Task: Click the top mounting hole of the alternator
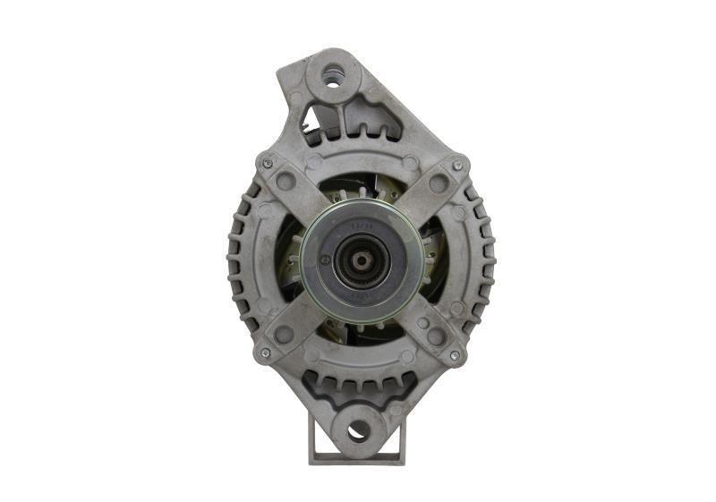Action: click(x=332, y=78)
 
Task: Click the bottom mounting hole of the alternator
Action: click(x=358, y=431)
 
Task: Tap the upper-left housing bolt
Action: click(x=267, y=164)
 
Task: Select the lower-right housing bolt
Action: click(x=455, y=355)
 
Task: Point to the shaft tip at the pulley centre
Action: click(x=359, y=260)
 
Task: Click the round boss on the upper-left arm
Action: click(x=286, y=183)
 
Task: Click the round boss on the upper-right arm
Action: click(x=438, y=184)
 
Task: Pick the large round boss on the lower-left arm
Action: click(x=284, y=335)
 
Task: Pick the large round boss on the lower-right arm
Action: click(x=436, y=336)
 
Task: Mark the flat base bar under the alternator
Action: click(x=357, y=458)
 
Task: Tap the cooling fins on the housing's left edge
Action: click(x=238, y=260)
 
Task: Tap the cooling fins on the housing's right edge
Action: click(x=485, y=260)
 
